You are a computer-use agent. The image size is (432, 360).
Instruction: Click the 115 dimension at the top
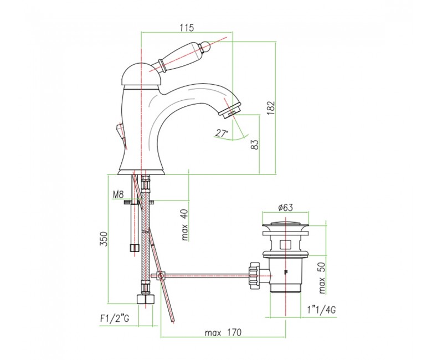click(x=187, y=28)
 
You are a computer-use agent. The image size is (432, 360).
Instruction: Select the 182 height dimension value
click(x=271, y=108)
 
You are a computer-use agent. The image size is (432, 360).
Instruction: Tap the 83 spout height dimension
click(x=255, y=145)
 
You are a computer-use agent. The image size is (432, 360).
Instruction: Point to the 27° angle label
click(x=222, y=133)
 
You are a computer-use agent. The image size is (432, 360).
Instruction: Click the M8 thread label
click(x=118, y=195)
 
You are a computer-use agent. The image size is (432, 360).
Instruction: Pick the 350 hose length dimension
click(x=104, y=239)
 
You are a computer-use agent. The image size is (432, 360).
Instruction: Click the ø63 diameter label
click(x=285, y=207)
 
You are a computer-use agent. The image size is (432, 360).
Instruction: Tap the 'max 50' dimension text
click(x=322, y=277)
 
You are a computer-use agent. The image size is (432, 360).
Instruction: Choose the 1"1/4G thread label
click(x=322, y=310)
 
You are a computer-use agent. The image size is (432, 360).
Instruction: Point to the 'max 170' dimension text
click(x=223, y=332)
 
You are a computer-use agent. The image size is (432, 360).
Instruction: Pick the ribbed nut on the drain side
click(x=254, y=274)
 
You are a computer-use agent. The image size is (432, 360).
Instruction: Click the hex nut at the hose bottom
click(x=145, y=299)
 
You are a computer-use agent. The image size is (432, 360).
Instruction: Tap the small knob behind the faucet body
click(x=121, y=132)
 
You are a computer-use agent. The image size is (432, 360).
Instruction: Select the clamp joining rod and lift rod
click(x=160, y=275)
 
